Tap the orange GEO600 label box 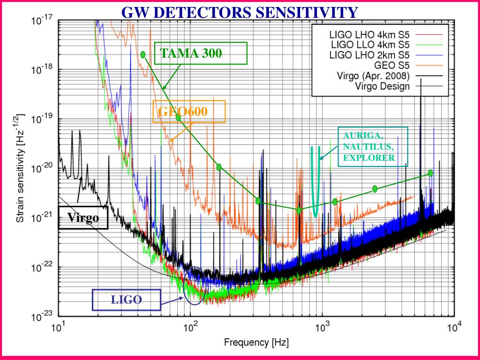point(189,112)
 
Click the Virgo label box point(83,217)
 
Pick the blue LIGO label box point(127,300)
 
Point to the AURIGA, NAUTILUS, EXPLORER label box point(373,146)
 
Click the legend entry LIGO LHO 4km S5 point(370,35)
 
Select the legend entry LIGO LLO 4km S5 point(370,45)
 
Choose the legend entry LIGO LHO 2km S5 point(370,55)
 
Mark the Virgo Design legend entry point(382,86)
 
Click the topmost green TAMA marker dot point(143,54)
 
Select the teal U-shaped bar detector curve point(315,187)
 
